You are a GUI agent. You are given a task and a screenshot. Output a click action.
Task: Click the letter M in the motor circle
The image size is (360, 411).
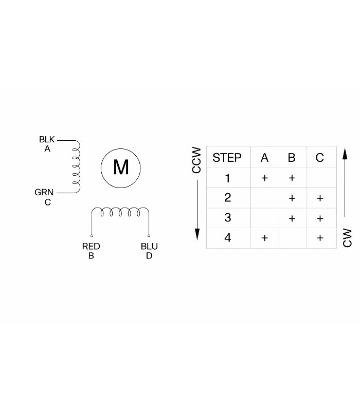[x=120, y=167]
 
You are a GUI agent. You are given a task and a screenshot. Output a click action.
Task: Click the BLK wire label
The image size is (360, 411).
[x=47, y=140]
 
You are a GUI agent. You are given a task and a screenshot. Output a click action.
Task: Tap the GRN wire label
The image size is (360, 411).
[x=44, y=193]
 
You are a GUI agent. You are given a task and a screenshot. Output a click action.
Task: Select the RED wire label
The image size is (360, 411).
[x=91, y=247]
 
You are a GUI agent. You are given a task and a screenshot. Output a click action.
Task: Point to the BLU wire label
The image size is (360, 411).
[x=149, y=247]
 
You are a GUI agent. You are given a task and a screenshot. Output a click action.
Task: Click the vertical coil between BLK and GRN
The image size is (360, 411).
[x=76, y=166]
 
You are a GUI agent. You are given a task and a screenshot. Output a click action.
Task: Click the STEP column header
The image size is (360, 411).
[x=227, y=158]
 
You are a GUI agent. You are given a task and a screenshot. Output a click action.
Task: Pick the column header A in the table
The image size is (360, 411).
[x=264, y=158]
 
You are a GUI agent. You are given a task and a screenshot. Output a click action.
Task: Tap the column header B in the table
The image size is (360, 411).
[x=292, y=158]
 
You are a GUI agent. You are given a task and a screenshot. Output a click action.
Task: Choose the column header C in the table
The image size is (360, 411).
[x=320, y=158]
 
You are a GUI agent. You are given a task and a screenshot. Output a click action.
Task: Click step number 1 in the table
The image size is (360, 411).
[x=228, y=179]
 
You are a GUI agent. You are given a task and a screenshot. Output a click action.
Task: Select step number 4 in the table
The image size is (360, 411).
[x=228, y=238]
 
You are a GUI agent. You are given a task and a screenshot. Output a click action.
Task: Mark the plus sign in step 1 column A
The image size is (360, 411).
[x=264, y=178]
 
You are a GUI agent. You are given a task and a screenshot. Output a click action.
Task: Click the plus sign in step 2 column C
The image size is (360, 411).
[x=320, y=198]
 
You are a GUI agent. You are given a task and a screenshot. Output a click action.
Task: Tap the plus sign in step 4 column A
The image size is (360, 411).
[x=264, y=238]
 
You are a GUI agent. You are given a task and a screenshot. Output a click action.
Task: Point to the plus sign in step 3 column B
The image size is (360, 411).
[x=292, y=218]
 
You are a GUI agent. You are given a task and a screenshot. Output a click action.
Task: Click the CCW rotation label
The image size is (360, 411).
[x=196, y=160]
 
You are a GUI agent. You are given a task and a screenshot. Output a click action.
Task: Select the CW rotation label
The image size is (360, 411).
[x=348, y=238]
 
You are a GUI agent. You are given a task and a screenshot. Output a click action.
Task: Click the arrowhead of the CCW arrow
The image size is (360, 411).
[x=196, y=235]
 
